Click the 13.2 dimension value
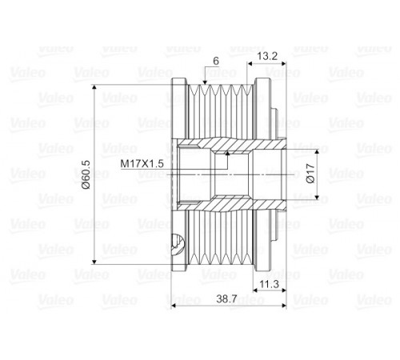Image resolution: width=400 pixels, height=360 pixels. point(267,56)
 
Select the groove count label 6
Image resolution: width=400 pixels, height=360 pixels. point(216,61)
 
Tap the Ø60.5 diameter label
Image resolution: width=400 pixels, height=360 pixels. point(86,174)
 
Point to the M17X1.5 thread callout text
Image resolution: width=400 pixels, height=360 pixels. point(142,163)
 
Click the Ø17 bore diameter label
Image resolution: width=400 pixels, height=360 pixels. point(310,174)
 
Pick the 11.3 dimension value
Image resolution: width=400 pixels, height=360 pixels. point(270,284)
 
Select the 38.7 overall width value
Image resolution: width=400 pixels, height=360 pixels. point(226,299)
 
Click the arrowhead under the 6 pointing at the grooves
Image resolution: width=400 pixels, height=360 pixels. point(205,82)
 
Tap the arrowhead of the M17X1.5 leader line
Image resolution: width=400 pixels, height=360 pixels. point(227,153)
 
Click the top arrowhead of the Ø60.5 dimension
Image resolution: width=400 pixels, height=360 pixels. point(94,87)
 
